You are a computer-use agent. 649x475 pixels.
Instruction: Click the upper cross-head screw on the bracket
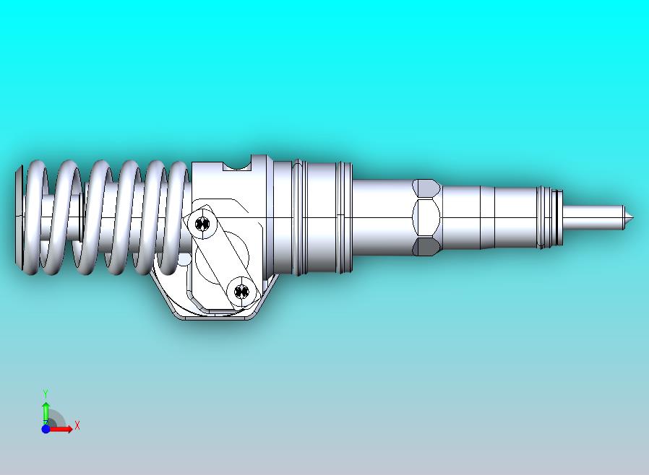pyautogui.click(x=205, y=225)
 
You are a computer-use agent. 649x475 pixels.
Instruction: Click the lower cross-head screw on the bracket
pyautogui.click(x=241, y=292)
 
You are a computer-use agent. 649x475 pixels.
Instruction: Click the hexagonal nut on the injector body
pyautogui.click(x=426, y=217)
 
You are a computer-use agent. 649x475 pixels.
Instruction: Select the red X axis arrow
pyautogui.click(x=62, y=429)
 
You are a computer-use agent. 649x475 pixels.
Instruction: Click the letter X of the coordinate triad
pyautogui.click(x=77, y=425)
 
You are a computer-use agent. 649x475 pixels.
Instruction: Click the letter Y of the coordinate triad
pyautogui.click(x=46, y=393)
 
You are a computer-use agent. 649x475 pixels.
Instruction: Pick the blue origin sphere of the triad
pyautogui.click(x=46, y=429)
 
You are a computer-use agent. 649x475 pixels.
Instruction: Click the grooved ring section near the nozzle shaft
pyautogui.click(x=549, y=216)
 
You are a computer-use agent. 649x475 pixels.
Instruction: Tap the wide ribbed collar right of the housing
pyautogui.click(x=322, y=217)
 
